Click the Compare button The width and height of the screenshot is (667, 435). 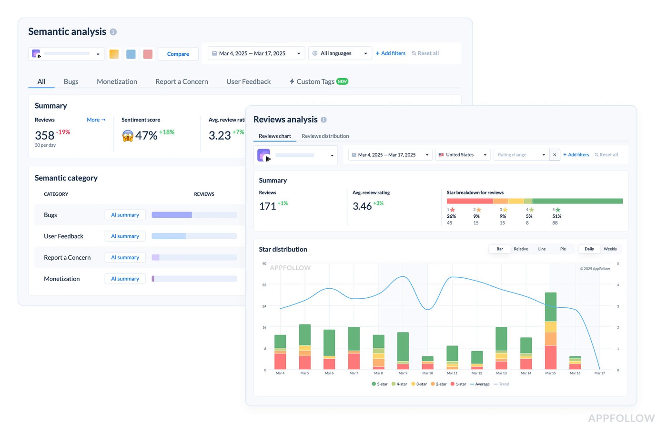pyautogui.click(x=178, y=54)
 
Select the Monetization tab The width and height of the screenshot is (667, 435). pyautogui.click(x=117, y=81)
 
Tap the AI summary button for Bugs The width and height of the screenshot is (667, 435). pyautogui.click(x=125, y=215)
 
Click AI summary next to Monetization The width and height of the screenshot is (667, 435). pyautogui.click(x=125, y=279)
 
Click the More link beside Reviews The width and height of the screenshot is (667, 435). pyautogui.click(x=96, y=120)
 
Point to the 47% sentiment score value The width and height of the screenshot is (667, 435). pyautogui.click(x=146, y=136)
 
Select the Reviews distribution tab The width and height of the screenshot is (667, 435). pyautogui.click(x=325, y=136)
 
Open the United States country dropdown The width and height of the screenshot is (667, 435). pyautogui.click(x=463, y=155)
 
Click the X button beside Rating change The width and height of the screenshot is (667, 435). pyautogui.click(x=555, y=155)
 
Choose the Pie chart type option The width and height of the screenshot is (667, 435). pyautogui.click(x=563, y=249)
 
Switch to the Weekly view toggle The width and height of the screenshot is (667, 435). pyautogui.click(x=610, y=249)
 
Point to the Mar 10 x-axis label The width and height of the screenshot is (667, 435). pyautogui.click(x=427, y=373)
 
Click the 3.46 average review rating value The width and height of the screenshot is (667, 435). pyautogui.click(x=362, y=206)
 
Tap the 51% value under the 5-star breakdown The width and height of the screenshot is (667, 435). pyautogui.click(x=556, y=216)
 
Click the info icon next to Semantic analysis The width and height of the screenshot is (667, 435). pyautogui.click(x=113, y=32)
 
